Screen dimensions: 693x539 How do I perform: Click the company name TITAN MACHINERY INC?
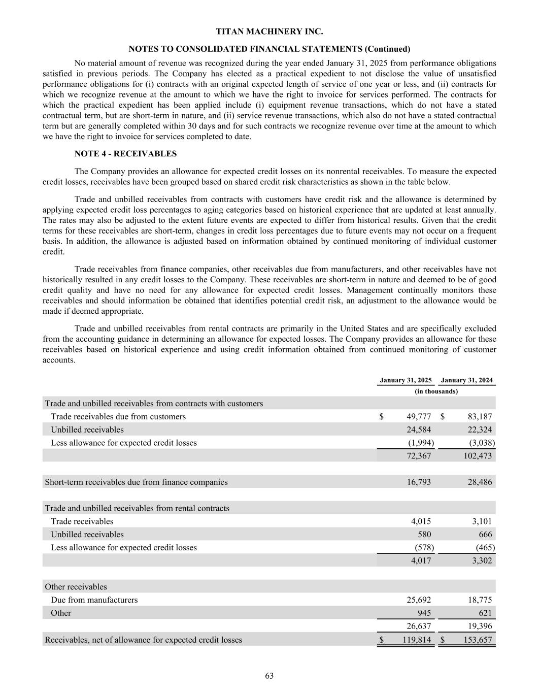point(269,31)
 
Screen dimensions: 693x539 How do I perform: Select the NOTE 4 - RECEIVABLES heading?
point(125,153)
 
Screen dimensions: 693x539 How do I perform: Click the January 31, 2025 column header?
point(406,380)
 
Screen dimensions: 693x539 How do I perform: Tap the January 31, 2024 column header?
point(467,380)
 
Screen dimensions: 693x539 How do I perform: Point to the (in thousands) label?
point(436,391)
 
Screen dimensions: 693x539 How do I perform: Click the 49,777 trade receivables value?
point(419,417)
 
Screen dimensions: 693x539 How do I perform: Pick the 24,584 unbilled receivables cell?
point(419,430)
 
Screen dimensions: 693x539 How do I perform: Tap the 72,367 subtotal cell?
point(419,456)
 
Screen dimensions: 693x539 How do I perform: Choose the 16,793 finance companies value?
point(419,482)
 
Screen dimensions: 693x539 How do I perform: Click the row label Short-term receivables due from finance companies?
point(136,482)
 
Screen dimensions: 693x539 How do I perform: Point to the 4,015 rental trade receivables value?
point(421,521)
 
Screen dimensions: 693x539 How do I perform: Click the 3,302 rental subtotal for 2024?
point(482,560)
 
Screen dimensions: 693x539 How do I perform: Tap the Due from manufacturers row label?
point(94,600)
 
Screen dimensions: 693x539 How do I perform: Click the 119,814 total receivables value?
point(416,640)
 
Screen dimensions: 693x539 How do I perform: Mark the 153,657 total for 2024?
point(478,640)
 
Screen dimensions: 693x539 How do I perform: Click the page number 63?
point(269,676)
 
